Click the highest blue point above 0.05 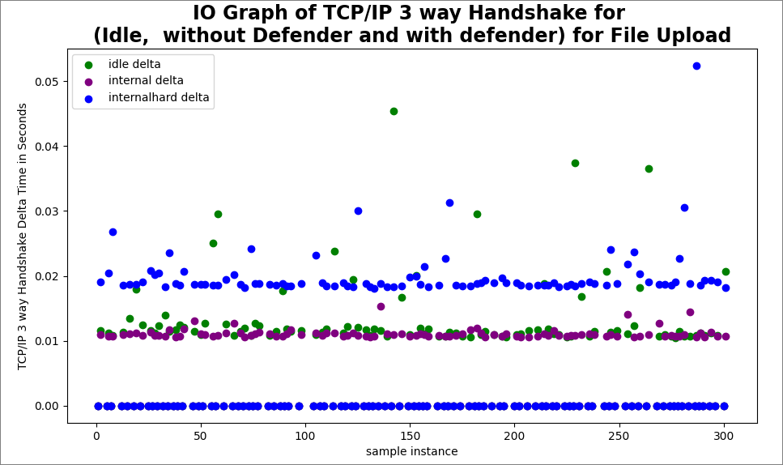coord(696,66)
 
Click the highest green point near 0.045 coord(394,111)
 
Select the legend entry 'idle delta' coord(134,65)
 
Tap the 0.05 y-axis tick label coord(47,82)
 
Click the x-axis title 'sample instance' coord(411,451)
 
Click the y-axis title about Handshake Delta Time coord(23,236)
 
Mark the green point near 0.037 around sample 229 coord(575,163)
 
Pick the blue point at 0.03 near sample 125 coord(358,211)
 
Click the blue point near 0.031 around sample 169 coord(449,203)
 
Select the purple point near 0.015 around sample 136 coord(381,306)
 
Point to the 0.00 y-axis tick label coord(47,406)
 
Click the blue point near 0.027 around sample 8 coord(113,232)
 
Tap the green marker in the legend coord(88,65)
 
